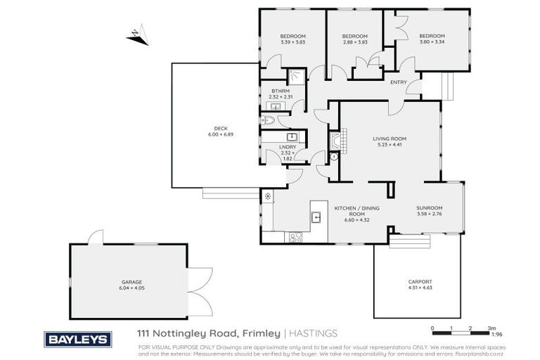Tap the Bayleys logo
(78, 339)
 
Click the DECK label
(221, 128)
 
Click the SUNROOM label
(429, 208)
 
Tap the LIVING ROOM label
(387, 139)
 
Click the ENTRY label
(399, 82)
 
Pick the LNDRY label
(286, 146)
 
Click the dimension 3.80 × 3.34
(432, 41)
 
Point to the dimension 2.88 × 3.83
(355, 41)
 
